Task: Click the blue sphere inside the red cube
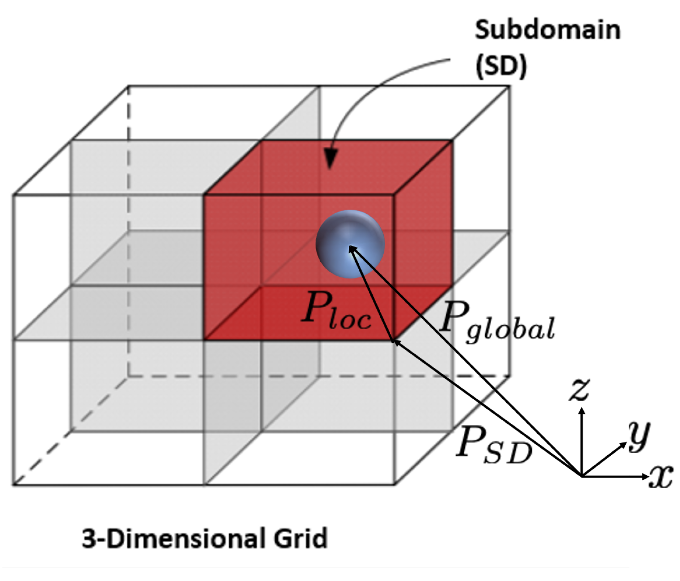(350, 244)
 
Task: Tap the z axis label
(579, 390)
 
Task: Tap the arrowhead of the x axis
(645, 476)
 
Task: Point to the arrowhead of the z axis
(581, 411)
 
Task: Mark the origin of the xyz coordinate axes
(581, 476)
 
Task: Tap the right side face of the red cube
(422, 240)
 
